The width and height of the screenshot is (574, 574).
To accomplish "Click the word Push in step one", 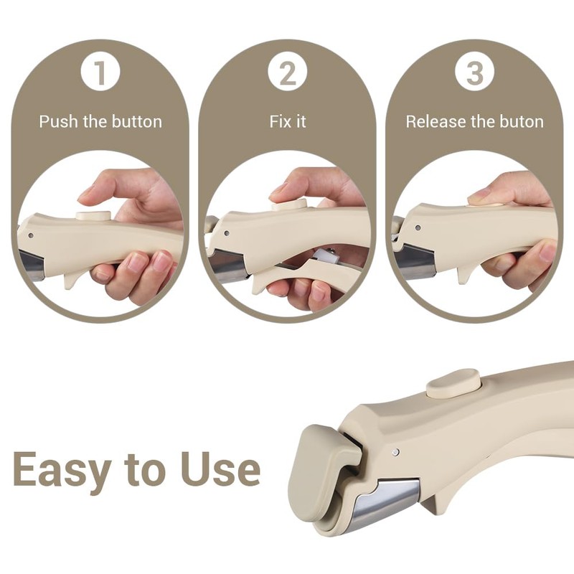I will tap(59, 121).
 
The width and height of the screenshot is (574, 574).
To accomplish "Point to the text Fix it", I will tap(287, 121).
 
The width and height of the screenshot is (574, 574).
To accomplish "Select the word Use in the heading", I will tap(220, 470).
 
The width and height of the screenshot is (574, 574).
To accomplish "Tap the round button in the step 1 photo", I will tap(93, 215).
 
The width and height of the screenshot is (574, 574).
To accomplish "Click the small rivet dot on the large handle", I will tap(396, 452).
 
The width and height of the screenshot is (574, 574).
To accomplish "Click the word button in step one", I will tap(136, 121).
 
